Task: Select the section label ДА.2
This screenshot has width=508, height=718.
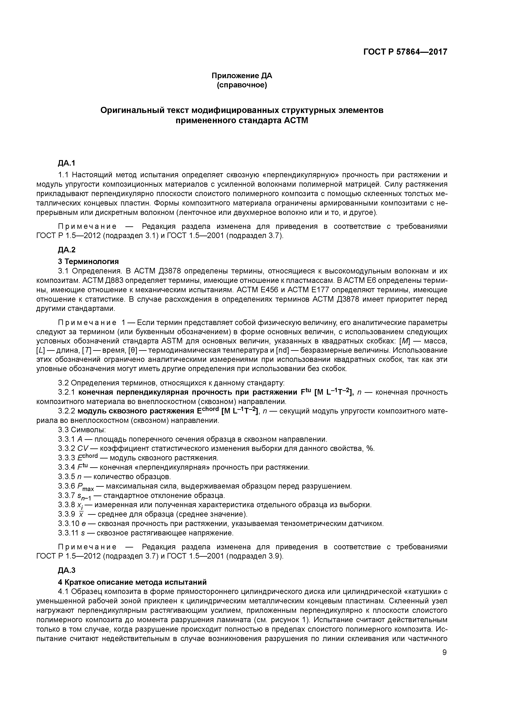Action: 67,250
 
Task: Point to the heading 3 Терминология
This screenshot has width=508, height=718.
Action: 88,261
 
